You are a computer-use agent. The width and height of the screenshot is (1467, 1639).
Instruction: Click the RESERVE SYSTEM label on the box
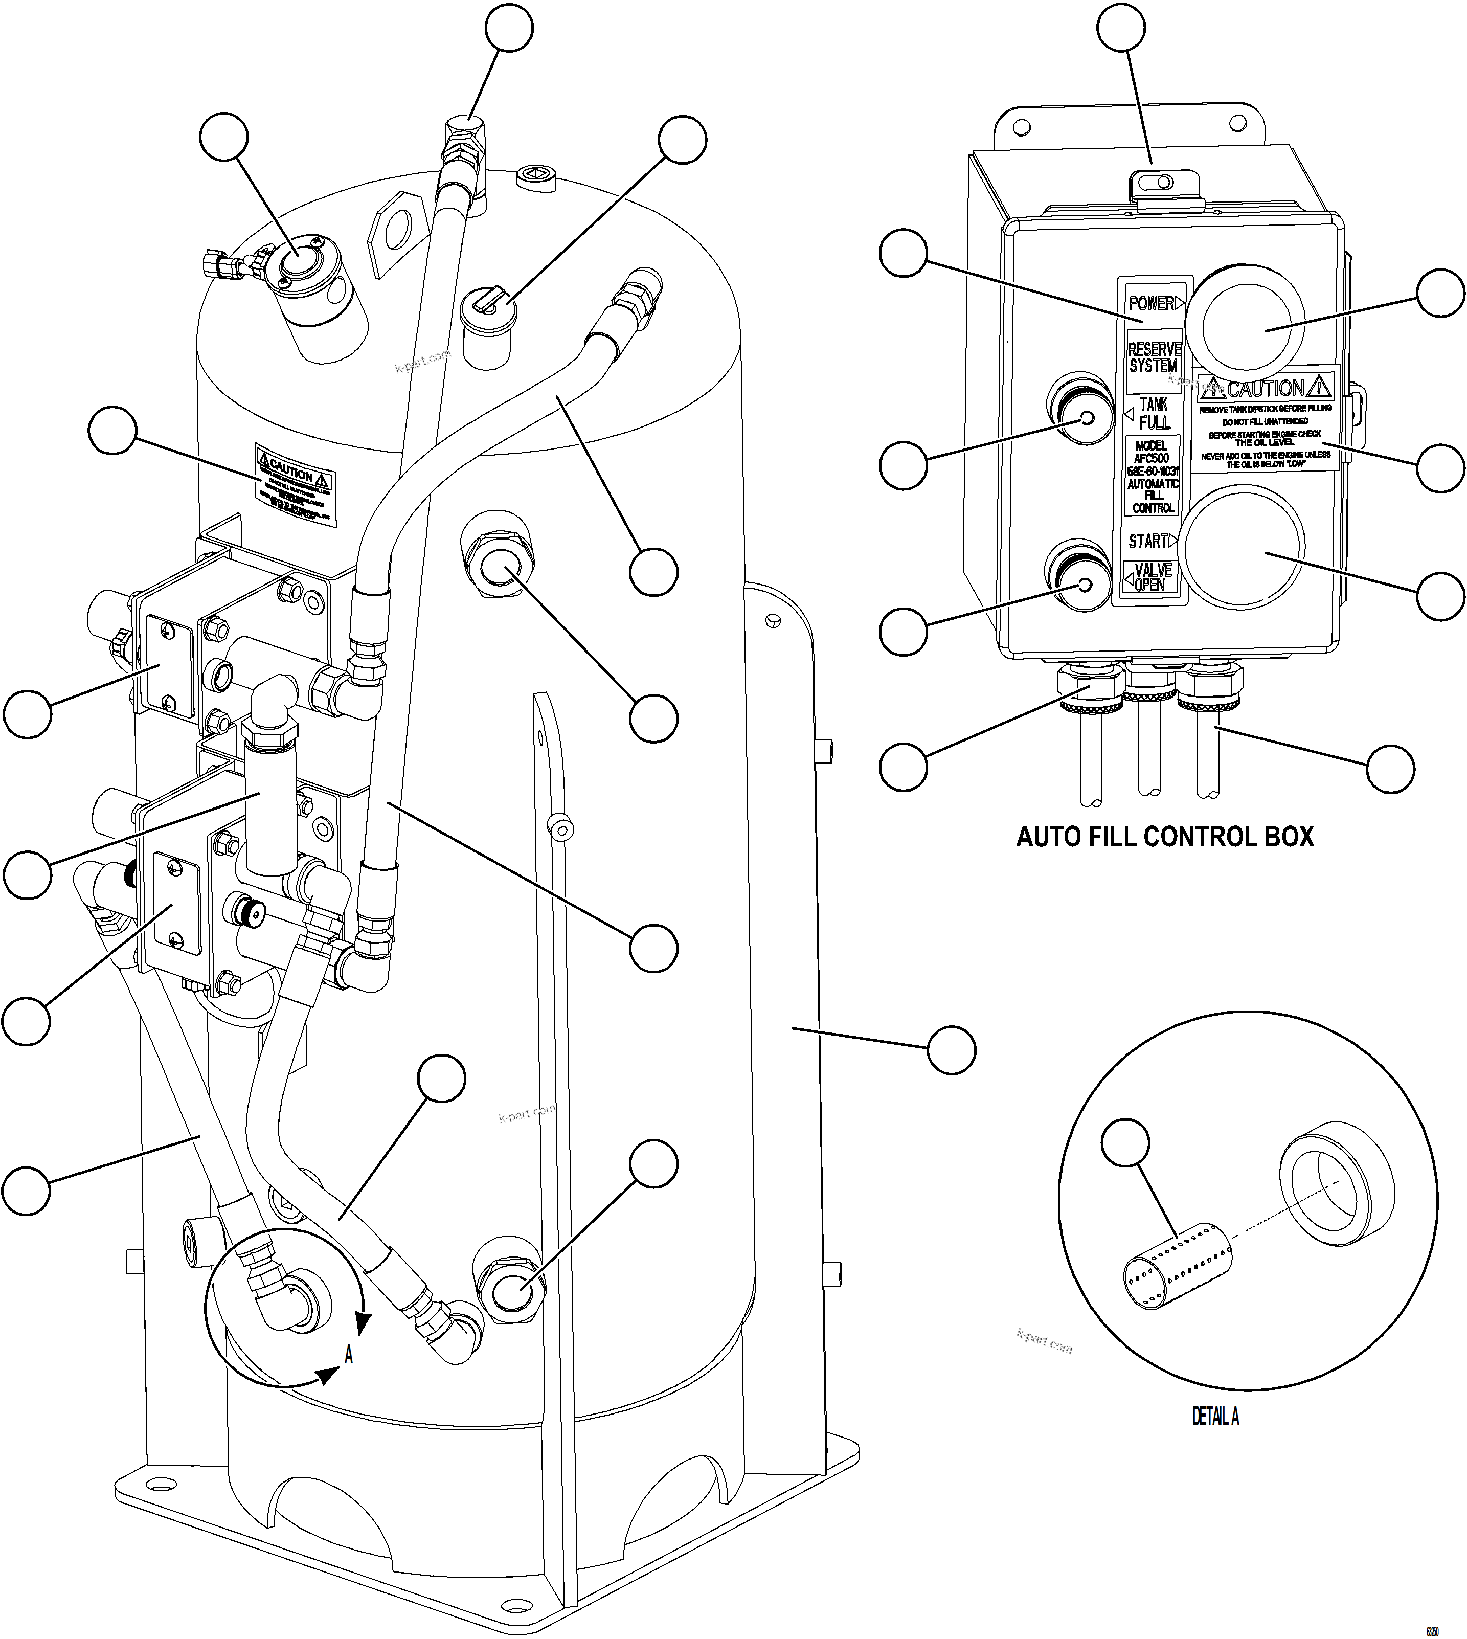pyautogui.click(x=1154, y=357)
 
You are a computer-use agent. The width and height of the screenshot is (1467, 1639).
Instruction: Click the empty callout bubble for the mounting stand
pyautogui.click(x=951, y=1050)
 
